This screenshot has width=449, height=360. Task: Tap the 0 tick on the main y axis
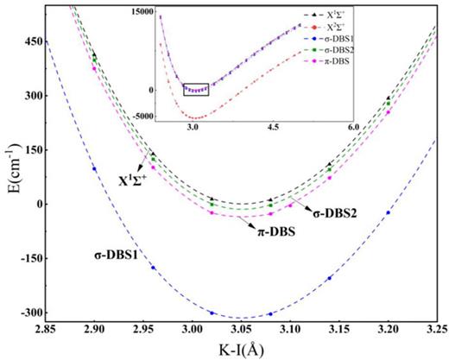click(x=35, y=204)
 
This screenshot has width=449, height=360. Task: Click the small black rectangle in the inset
click(x=196, y=88)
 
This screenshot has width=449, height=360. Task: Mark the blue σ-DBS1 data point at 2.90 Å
click(x=93, y=168)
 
